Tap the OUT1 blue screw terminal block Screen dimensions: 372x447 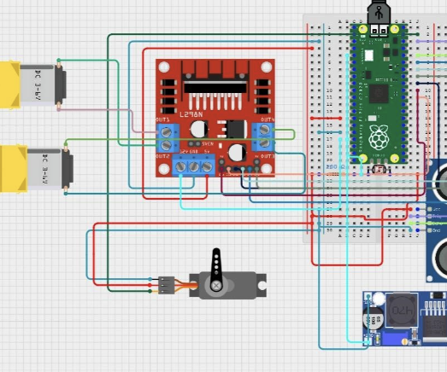coord(167,137)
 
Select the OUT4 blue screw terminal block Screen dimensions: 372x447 coord(265,137)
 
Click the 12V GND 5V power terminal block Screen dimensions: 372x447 coord(194,166)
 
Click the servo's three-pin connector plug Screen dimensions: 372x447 coord(163,284)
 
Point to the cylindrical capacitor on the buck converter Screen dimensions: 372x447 coord(375,322)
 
